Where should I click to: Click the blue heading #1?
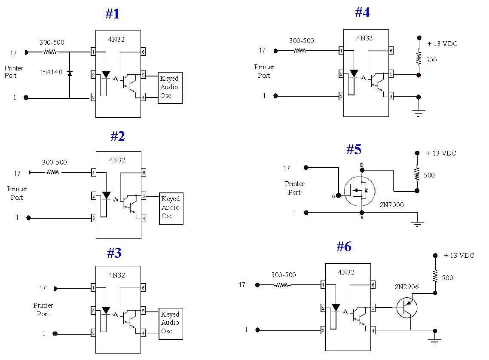[112, 14]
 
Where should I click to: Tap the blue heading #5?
[354, 149]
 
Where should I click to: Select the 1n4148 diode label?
[51, 72]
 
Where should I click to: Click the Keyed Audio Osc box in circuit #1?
[171, 88]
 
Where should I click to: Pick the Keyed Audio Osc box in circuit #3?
[171, 323]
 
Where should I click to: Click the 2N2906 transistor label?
[406, 287]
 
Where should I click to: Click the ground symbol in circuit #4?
[419, 113]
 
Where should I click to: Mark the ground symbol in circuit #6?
[435, 341]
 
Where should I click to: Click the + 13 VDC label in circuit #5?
[441, 153]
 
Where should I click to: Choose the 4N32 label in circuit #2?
[117, 160]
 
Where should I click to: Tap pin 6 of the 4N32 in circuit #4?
[391, 51]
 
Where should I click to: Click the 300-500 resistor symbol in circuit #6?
[282, 285]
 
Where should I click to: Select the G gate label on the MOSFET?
[333, 196]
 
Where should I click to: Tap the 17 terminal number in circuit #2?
[17, 173]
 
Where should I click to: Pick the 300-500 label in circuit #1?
[52, 43]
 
